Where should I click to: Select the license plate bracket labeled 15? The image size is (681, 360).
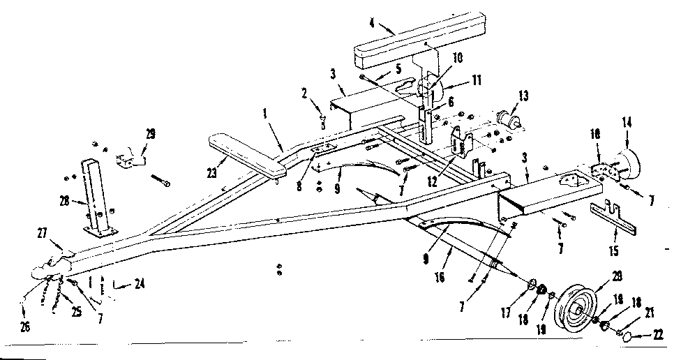tap(615, 217)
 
